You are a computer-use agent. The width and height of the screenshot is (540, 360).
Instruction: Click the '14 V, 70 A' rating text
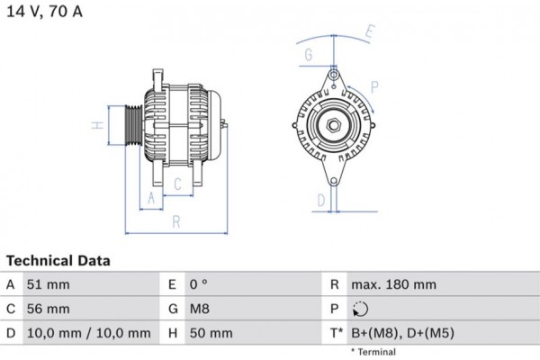point(45,12)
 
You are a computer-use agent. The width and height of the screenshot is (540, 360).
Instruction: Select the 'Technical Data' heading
point(58,261)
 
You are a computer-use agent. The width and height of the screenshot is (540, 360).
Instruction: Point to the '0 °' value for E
point(199,284)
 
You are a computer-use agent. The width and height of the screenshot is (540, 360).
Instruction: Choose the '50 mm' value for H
point(211,333)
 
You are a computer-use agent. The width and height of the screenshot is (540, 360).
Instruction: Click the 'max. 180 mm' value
point(394,284)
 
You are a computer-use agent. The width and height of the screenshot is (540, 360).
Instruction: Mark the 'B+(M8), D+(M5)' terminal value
point(403,333)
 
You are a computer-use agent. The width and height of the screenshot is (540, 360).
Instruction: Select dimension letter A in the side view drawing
point(151,198)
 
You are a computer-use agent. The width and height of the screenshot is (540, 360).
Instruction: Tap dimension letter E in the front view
point(369,31)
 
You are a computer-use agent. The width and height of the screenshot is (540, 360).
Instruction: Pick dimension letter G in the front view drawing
point(309,56)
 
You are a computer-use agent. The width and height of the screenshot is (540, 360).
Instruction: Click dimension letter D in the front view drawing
point(319,199)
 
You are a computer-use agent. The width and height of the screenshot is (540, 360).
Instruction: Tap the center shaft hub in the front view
point(333,125)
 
